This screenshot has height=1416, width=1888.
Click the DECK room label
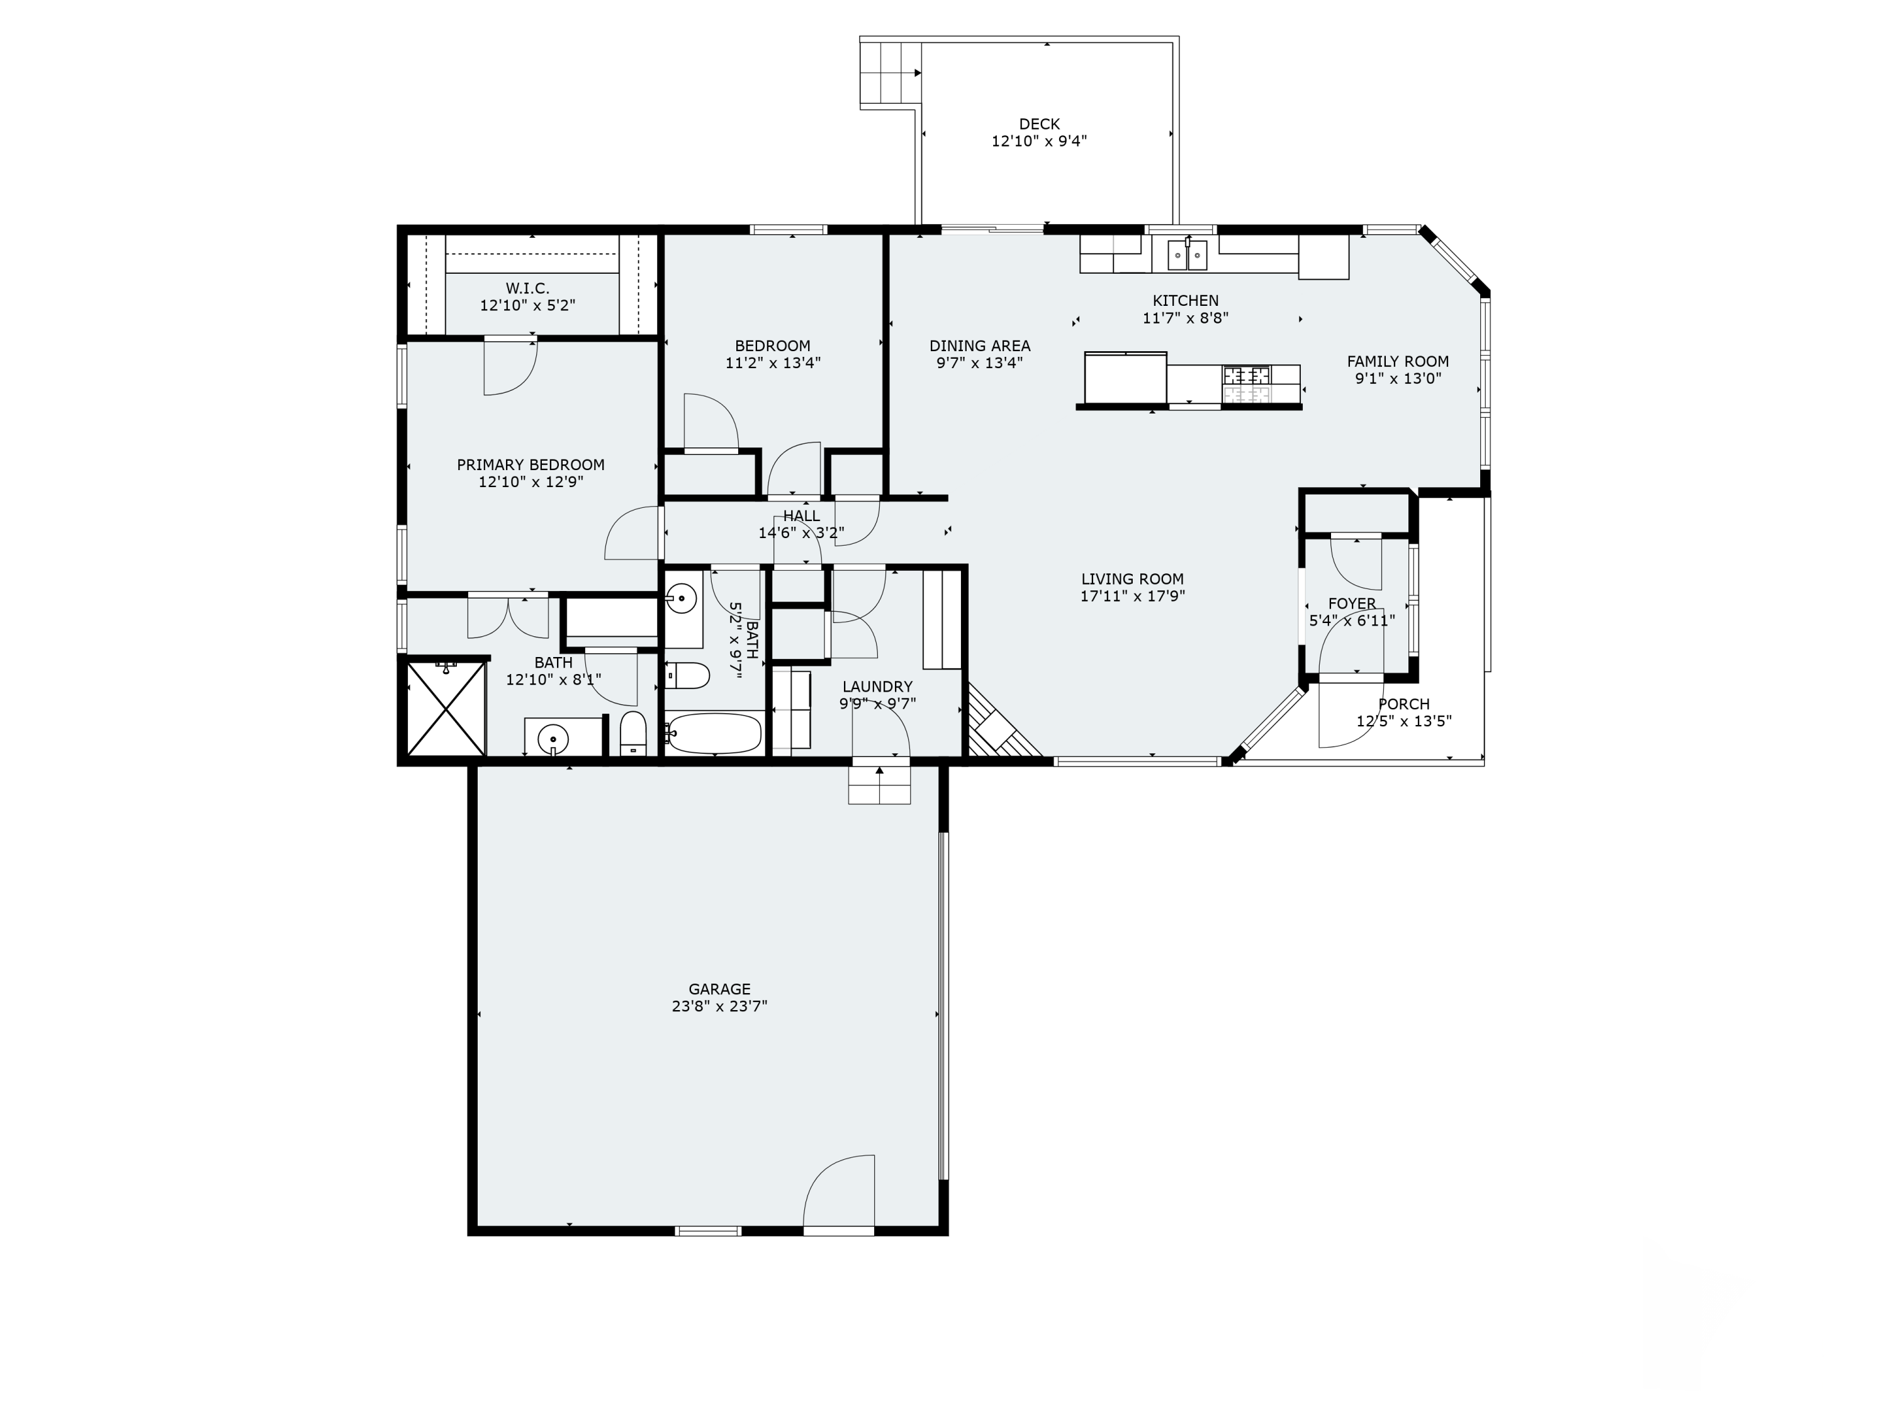click(1039, 124)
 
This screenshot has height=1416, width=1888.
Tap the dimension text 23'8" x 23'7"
click(719, 1006)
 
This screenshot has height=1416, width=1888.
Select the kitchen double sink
click(1188, 254)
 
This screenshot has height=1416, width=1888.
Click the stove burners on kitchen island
click(1247, 383)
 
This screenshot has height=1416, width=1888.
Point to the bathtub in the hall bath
click(714, 733)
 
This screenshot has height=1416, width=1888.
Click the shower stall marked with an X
click(446, 709)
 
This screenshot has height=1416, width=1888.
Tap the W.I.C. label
click(527, 288)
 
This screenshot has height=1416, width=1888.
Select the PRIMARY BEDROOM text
click(530, 465)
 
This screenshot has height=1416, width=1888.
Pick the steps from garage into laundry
click(879, 783)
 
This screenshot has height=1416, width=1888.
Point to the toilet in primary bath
click(632, 733)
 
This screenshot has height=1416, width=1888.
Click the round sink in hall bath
click(681, 598)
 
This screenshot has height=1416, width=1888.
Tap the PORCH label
click(1403, 704)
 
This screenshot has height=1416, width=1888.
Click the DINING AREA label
click(979, 346)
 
